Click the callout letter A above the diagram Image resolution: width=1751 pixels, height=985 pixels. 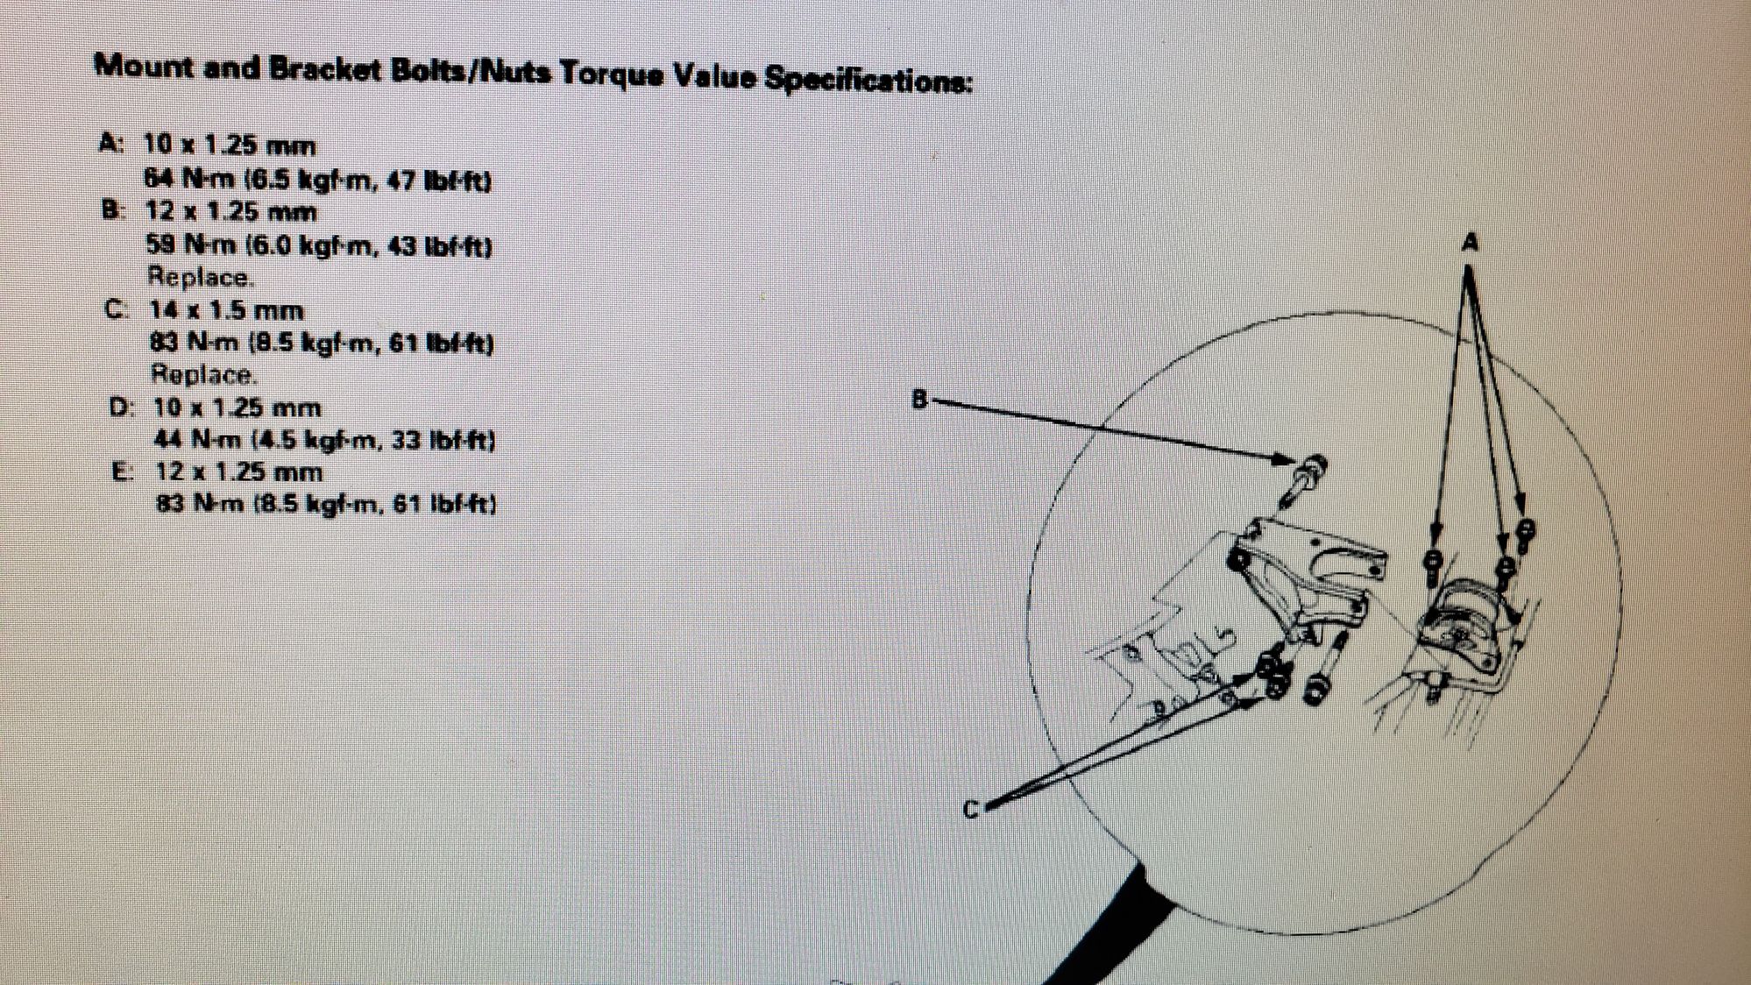pos(1470,242)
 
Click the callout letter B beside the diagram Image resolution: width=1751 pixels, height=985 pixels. pos(919,400)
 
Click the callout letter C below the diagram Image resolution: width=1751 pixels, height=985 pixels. pos(971,811)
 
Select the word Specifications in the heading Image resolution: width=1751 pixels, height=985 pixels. pos(868,80)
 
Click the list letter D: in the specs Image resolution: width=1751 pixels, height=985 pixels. pos(122,407)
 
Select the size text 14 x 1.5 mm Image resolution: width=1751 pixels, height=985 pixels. pos(226,311)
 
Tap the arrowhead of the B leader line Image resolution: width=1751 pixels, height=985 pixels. pos(1287,459)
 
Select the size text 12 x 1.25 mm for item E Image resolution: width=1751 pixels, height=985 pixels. pos(239,472)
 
